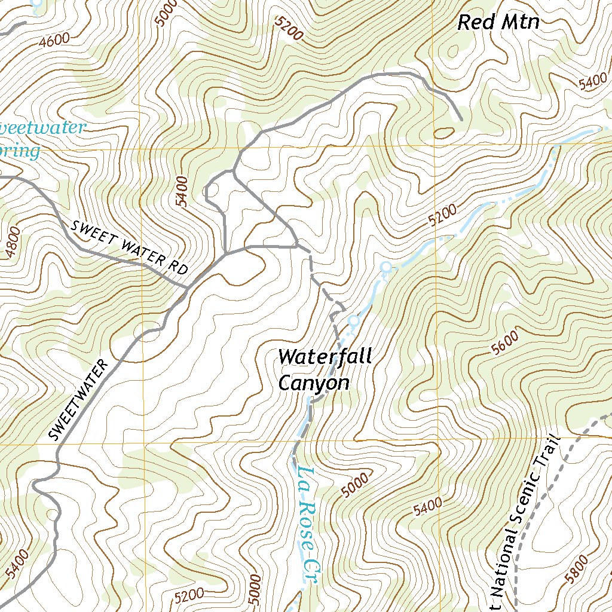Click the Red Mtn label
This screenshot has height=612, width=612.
click(498, 23)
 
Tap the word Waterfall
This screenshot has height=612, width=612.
click(325, 357)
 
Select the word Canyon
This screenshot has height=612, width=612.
click(313, 383)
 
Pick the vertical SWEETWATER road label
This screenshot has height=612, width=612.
click(79, 400)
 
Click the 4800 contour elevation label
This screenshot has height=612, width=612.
click(13, 243)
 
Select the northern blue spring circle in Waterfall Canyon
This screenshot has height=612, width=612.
click(386, 267)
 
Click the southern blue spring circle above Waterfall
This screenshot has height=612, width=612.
click(353, 320)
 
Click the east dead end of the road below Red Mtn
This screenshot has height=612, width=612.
click(461, 120)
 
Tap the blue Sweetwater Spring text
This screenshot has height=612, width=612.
click(36, 139)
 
